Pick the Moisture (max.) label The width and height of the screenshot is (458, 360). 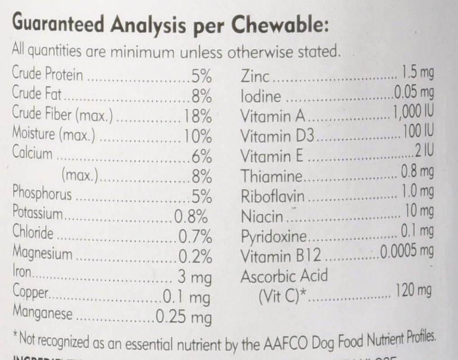(54, 135)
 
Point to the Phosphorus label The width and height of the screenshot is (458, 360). (42, 194)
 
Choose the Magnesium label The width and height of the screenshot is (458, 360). (42, 253)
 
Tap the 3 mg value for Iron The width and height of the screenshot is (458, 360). (195, 276)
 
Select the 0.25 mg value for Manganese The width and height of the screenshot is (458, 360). (183, 317)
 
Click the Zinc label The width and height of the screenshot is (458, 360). (255, 76)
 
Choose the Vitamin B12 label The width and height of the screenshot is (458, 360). (280, 256)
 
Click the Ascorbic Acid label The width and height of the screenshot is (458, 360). (284, 276)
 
